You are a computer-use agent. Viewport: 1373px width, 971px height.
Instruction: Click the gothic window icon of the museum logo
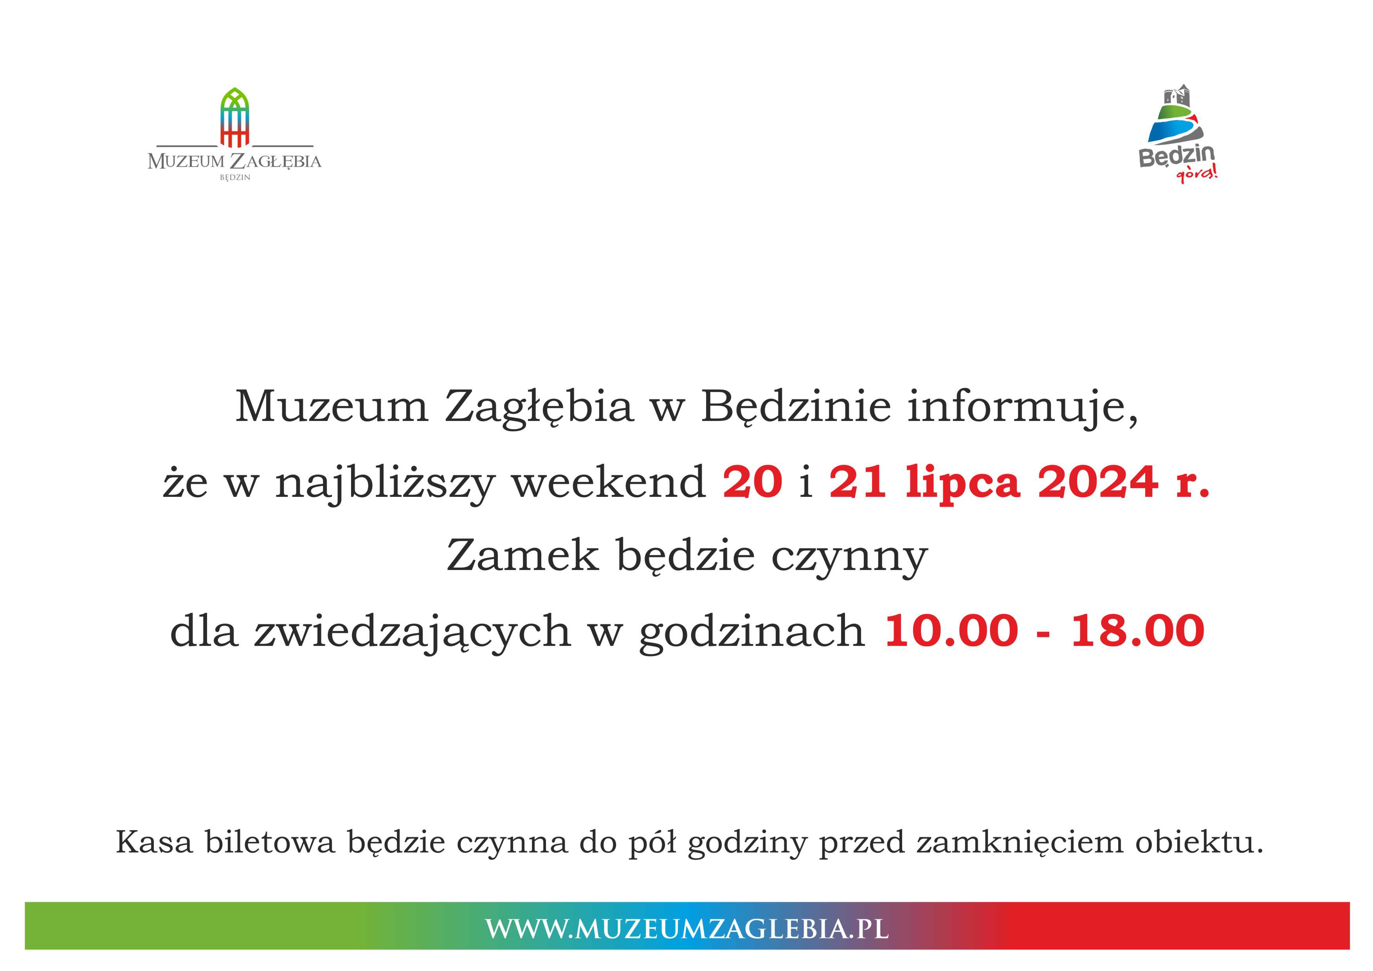(x=234, y=117)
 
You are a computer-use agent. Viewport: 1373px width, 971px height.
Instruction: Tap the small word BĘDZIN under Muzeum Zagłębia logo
(x=235, y=178)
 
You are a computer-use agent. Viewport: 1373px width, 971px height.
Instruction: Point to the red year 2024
(x=1098, y=482)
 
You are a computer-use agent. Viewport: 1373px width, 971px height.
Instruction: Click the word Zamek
(x=523, y=556)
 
